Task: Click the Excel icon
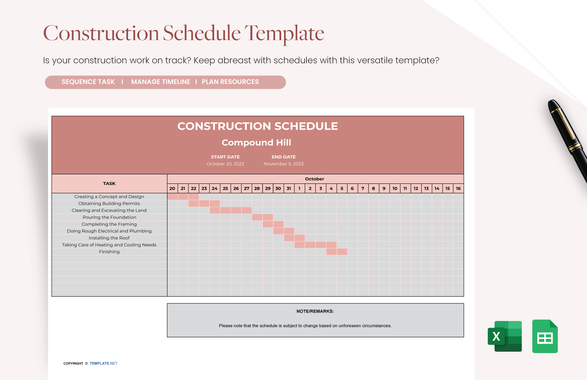[505, 336]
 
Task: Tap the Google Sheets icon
[545, 336]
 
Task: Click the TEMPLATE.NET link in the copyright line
[103, 363]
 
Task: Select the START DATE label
[225, 157]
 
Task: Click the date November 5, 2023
[283, 164]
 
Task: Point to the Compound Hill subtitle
[256, 143]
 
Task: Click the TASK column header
[109, 184]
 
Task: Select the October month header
[315, 179]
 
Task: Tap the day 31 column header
[289, 188]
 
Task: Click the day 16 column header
[458, 188]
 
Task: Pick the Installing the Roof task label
[109, 238]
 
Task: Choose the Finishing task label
[109, 252]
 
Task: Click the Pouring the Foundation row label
[109, 217]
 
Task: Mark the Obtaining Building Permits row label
[109, 204]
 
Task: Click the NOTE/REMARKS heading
[315, 311]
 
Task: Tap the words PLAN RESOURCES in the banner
[230, 82]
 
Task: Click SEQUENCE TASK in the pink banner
[88, 82]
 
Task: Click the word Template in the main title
[284, 33]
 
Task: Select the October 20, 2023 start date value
[225, 164]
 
